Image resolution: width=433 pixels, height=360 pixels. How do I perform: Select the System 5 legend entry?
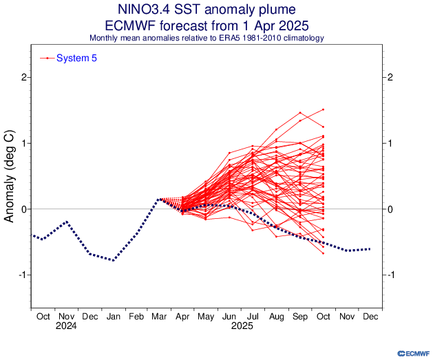pos(76,59)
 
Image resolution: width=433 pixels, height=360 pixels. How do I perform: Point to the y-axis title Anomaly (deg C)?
pos(10,176)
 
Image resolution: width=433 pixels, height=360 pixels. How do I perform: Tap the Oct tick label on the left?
pos(43,316)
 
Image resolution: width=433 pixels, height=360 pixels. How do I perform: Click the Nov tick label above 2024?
pos(66,316)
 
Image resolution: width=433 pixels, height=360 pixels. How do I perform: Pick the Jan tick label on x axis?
pos(113,316)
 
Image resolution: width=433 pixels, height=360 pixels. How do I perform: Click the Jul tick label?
pos(253,316)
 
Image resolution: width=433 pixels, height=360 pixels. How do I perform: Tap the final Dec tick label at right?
pos(370,316)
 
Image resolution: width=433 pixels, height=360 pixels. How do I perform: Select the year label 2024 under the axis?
pos(66,326)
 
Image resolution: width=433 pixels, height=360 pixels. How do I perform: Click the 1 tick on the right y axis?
pos(390,143)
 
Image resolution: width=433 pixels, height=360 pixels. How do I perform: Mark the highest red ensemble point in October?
pos(323,109)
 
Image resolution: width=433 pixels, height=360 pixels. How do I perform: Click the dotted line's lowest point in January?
pos(113,260)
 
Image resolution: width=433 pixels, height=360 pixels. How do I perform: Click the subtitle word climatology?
pos(300,39)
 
